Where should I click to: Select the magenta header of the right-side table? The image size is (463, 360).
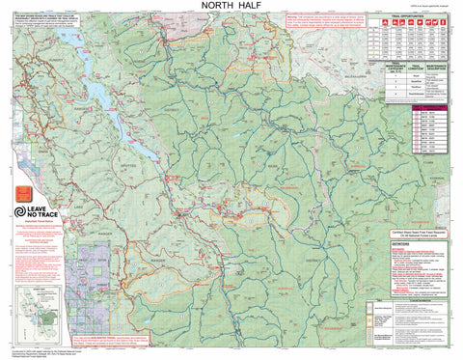tap(424, 109)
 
